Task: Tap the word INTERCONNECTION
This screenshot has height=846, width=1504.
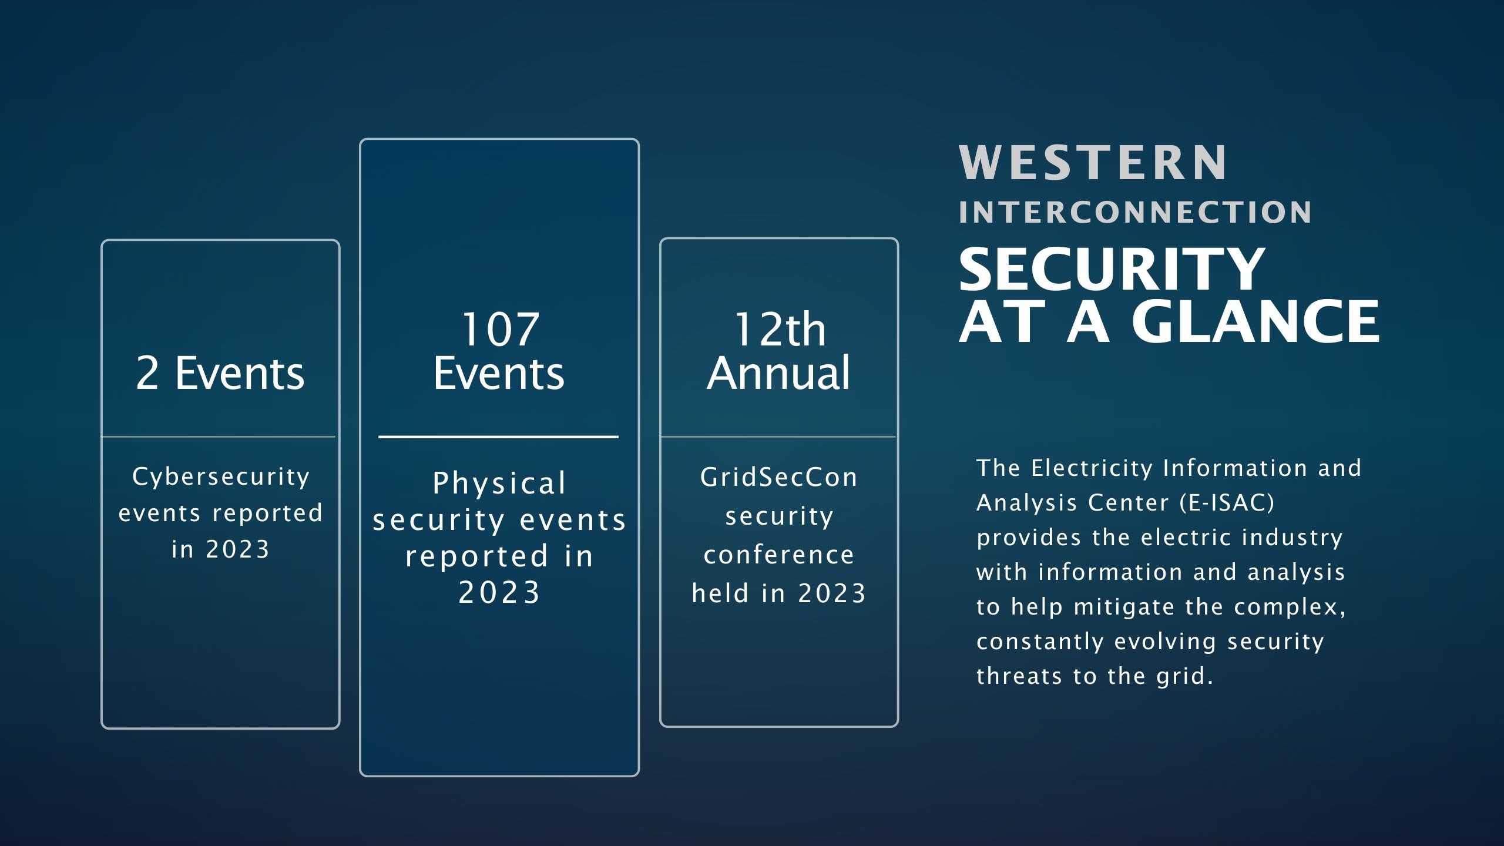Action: pos(1135,212)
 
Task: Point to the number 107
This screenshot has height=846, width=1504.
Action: pos(500,330)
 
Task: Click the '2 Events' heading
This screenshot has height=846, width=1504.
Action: pos(220,373)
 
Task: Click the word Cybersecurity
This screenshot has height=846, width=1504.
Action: pos(221,477)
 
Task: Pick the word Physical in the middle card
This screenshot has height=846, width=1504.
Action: pos(499,484)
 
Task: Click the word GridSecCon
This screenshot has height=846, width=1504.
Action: pos(779,477)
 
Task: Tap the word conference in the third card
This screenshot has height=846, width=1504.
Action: pos(779,555)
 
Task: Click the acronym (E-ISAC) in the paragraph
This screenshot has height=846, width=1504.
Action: pos(1227,503)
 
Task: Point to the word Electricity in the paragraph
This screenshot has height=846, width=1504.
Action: pos(1092,469)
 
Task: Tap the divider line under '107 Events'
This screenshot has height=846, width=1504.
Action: pos(498,437)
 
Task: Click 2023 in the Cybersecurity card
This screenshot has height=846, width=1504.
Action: pos(237,550)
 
